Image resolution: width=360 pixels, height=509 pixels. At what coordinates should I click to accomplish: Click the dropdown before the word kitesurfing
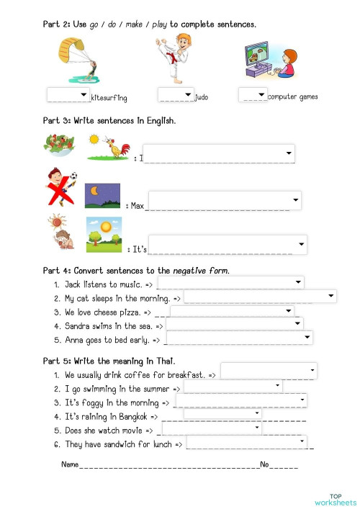68,95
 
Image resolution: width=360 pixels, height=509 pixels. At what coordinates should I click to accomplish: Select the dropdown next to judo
176,94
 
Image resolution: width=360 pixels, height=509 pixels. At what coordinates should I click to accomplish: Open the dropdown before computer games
253,94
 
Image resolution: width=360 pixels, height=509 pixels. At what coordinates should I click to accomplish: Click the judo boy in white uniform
172,61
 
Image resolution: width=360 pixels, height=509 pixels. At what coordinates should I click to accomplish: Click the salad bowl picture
58,144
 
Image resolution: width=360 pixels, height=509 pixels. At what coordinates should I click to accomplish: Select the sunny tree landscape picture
104,235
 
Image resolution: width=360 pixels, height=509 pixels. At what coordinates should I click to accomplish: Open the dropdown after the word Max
224,200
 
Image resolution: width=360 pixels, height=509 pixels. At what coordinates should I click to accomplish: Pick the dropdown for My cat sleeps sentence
261,296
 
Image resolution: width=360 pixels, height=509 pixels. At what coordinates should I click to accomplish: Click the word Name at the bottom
70,464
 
